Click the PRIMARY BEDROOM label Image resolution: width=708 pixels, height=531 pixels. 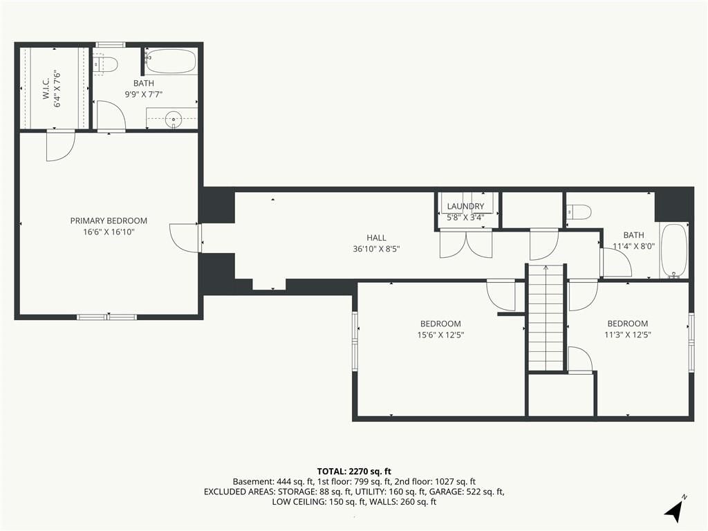point(109,221)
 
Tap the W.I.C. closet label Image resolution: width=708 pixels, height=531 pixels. point(46,91)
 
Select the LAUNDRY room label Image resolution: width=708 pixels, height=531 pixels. point(465,206)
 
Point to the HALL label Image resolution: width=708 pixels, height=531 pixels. point(376,238)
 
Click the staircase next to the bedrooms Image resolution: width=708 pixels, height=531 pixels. point(546,317)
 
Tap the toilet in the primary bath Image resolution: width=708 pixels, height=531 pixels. point(106,64)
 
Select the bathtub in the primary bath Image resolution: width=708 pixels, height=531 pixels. point(171,62)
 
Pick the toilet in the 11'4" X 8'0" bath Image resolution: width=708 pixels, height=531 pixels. point(579,212)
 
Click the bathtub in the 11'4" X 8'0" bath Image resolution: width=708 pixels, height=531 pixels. point(673,250)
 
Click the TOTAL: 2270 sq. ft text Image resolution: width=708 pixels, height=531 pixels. point(354,472)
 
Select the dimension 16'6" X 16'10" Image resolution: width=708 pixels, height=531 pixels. point(109,232)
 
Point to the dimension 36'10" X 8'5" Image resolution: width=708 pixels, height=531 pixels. point(377,249)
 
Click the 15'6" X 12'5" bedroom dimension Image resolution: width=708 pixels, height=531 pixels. point(440,335)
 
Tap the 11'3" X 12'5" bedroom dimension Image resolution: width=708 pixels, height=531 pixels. point(628,335)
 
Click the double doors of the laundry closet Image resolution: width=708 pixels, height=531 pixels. point(465,243)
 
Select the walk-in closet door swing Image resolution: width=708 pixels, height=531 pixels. point(61,145)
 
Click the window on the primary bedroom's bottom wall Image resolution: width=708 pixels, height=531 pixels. point(107,317)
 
